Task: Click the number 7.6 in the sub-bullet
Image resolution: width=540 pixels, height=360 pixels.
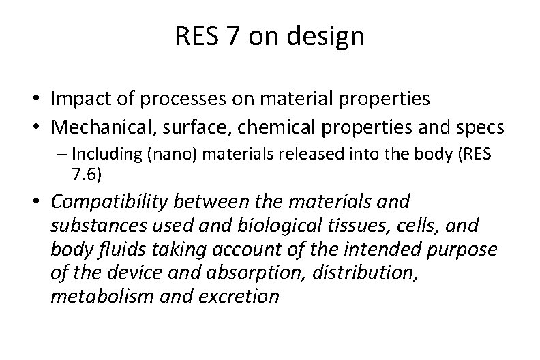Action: [x=86, y=175]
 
